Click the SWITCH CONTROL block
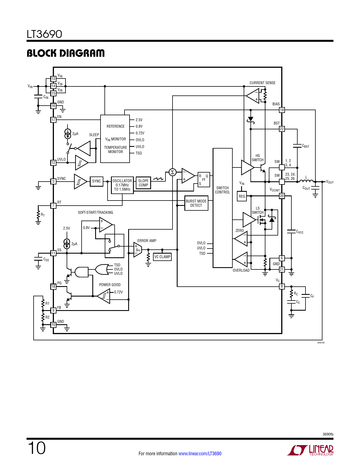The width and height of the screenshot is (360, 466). click(x=222, y=208)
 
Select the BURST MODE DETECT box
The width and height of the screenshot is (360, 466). click(x=196, y=203)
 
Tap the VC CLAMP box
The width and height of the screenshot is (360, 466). click(x=162, y=257)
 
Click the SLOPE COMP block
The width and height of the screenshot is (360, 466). click(x=143, y=183)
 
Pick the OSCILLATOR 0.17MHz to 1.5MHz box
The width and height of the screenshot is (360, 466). click(x=122, y=185)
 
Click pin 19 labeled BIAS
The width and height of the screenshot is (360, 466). click(x=282, y=110)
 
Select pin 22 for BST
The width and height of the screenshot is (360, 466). click(x=282, y=129)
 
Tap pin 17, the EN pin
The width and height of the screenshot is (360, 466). click(x=53, y=120)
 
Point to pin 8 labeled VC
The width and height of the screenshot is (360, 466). click(x=282, y=286)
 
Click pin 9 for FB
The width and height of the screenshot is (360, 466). click(x=53, y=310)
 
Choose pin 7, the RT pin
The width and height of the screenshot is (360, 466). click(x=53, y=206)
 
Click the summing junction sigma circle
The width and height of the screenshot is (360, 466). click(x=173, y=172)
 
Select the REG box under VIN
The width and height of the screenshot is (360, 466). click(x=242, y=196)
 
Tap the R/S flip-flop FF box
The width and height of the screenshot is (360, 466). click(x=204, y=180)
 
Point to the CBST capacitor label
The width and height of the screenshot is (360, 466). click(x=306, y=146)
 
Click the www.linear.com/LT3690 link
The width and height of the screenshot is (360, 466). click(x=200, y=453)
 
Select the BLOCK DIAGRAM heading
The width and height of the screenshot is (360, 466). click(x=66, y=53)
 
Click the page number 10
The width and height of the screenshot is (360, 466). click(x=37, y=448)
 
